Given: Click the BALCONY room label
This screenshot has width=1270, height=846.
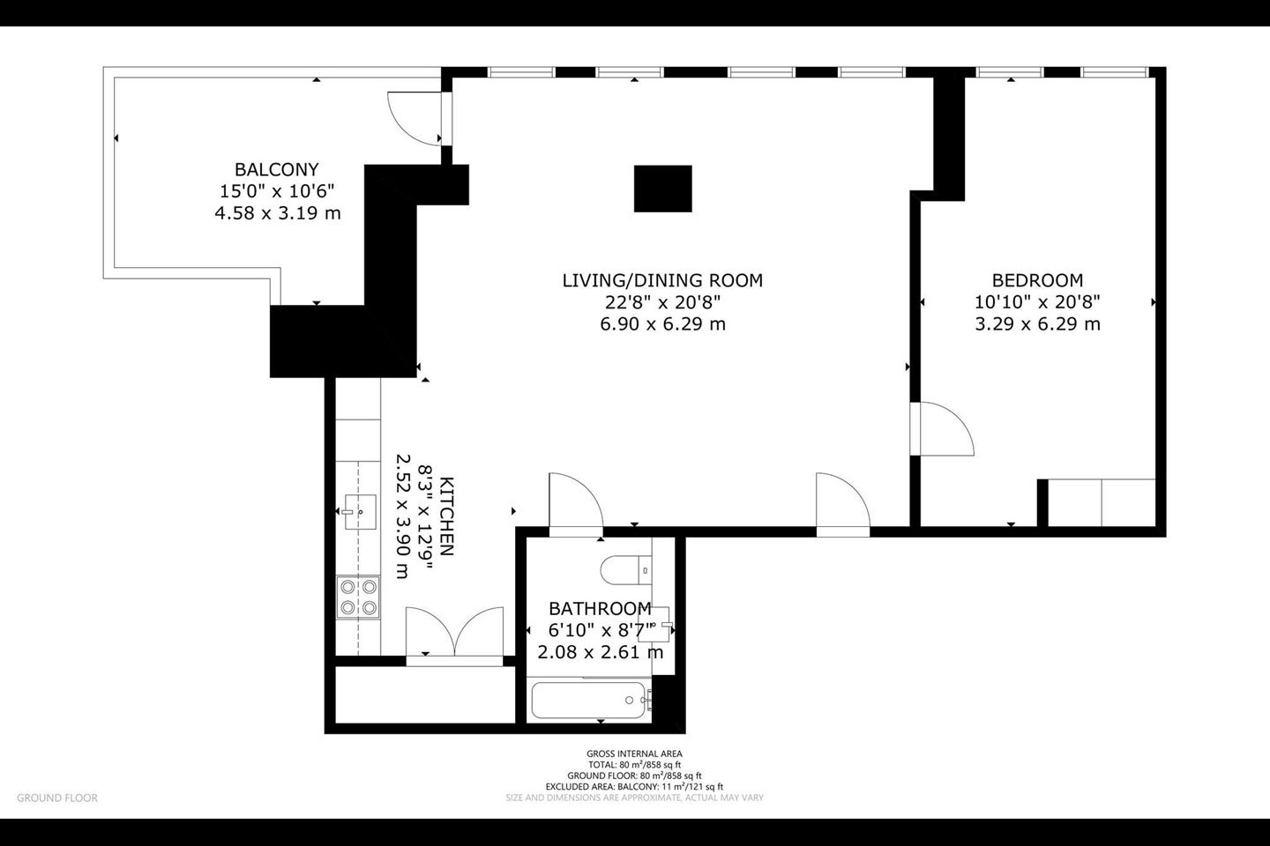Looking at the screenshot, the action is (277, 169).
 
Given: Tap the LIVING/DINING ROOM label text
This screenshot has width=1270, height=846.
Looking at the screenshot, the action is (662, 280).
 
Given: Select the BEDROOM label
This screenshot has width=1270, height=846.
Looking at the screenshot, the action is (1037, 280).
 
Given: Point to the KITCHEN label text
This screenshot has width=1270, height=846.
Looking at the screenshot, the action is (447, 516).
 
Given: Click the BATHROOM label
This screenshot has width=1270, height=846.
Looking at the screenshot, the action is (600, 609).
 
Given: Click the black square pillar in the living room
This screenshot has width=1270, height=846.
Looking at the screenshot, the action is (663, 189).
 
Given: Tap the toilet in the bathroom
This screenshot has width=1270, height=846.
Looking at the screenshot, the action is (625, 570).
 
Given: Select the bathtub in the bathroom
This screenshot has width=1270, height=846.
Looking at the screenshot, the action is (590, 700).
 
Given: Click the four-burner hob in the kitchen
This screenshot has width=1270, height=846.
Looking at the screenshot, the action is (358, 597).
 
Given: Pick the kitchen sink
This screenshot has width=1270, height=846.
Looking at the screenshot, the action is (360, 512).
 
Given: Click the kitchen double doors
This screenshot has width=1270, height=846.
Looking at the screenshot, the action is (455, 632).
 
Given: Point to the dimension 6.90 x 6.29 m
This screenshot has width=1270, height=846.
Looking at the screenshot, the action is (663, 324).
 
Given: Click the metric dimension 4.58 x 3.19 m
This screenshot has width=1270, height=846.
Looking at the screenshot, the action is (277, 213).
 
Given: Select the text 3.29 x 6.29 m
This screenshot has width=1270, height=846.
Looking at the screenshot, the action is (1037, 324).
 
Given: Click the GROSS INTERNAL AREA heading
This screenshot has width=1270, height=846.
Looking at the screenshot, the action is (634, 753).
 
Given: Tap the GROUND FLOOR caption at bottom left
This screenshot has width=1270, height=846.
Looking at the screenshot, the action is (57, 798).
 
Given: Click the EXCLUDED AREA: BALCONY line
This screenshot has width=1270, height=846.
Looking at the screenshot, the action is (634, 786).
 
